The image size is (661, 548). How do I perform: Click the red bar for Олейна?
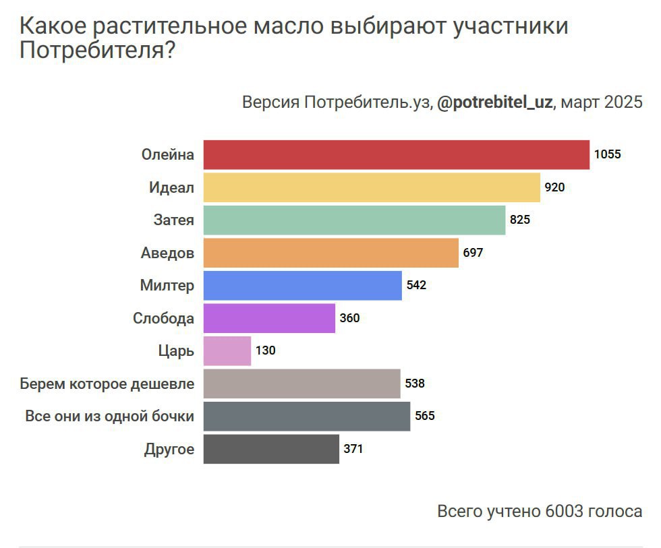click(397, 154)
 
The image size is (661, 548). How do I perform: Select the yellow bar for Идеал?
click(372, 187)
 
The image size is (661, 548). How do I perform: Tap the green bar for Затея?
click(354, 220)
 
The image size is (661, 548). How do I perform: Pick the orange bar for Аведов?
click(330, 253)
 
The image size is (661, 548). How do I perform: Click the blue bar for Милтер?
click(302, 285)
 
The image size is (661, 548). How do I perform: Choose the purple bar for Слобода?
click(269, 318)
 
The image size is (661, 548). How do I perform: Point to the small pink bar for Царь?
click(227, 351)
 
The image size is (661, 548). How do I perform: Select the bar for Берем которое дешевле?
click(301, 384)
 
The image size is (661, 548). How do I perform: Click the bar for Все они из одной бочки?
click(306, 416)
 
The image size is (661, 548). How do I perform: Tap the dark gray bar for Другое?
click(271, 449)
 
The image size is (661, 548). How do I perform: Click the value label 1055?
click(607, 154)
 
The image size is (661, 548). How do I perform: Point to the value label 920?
click(554, 187)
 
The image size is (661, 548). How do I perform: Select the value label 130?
click(266, 351)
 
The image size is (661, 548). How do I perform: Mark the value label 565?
click(425, 416)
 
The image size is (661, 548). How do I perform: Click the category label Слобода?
click(163, 318)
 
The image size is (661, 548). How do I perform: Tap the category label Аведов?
click(167, 253)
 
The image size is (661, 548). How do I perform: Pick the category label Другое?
click(169, 449)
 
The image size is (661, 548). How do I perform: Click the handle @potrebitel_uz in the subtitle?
click(495, 103)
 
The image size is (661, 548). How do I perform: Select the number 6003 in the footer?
click(563, 511)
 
